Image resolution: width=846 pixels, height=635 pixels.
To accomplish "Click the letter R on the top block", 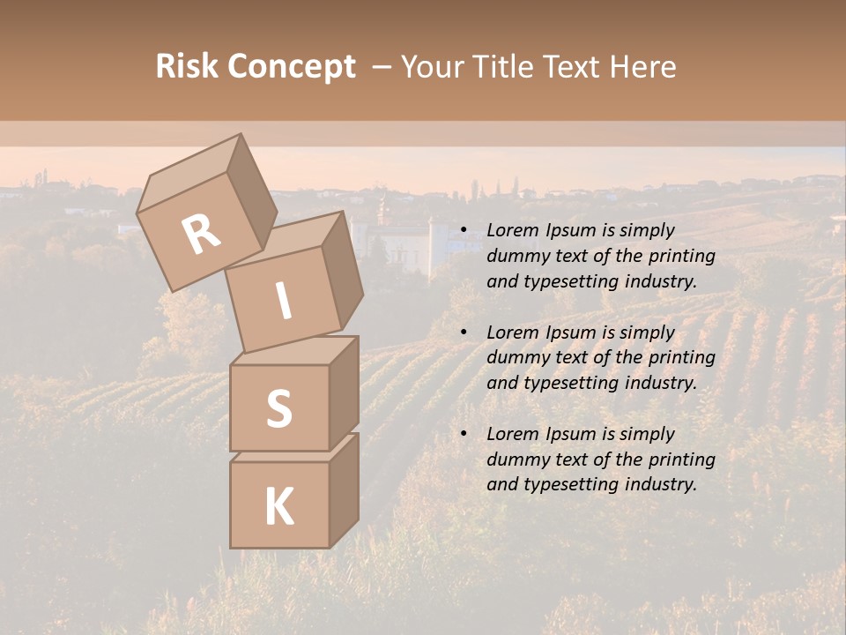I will point(201,235).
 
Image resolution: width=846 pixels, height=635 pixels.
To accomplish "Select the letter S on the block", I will point(278,408).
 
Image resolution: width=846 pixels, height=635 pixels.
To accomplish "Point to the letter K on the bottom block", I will point(278,507).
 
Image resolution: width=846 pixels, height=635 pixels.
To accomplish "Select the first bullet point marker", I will point(464,231).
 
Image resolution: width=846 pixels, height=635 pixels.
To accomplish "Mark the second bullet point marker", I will point(464,333).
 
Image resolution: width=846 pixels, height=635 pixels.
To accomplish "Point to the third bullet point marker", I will point(464,435).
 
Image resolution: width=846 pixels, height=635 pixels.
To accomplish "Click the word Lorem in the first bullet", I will point(511,231).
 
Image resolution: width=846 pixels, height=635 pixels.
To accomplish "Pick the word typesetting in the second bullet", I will point(564,383).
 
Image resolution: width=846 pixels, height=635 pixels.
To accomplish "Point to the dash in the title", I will point(382,67).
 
